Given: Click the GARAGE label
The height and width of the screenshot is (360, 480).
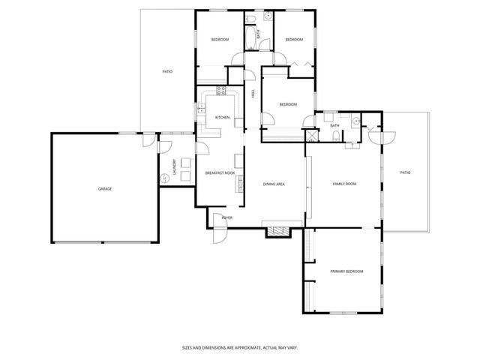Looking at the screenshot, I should pos(105,188).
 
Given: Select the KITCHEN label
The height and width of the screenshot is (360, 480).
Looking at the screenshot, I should pos(223,118).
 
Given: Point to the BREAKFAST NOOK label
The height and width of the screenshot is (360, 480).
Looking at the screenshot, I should pos(220,173).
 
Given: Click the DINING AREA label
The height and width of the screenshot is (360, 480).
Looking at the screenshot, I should pos(273,184).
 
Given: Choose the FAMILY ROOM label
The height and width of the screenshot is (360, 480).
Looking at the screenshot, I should pos(344,184).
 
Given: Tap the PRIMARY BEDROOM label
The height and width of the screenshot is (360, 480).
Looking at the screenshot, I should pos(346,271).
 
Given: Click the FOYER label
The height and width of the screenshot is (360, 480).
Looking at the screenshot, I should pos(226,217).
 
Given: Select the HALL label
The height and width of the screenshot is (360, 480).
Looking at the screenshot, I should pos(253,94).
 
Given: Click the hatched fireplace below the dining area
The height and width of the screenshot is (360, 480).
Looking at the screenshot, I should pos(276,232).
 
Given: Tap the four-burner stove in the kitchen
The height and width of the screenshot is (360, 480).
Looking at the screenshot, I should pos(222,91).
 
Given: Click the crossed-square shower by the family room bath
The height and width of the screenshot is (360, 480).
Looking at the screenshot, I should pos(310,136).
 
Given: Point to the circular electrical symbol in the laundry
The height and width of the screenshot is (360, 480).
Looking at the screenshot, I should pos(165,178).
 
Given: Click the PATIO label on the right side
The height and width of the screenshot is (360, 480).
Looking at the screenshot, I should pos(405,173).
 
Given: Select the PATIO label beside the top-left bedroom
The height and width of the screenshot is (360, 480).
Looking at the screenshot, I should pos(167,72).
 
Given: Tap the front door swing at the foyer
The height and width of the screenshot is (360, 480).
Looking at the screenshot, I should pos(218,234).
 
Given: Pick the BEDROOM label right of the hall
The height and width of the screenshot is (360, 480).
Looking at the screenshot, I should pos(288,104).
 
